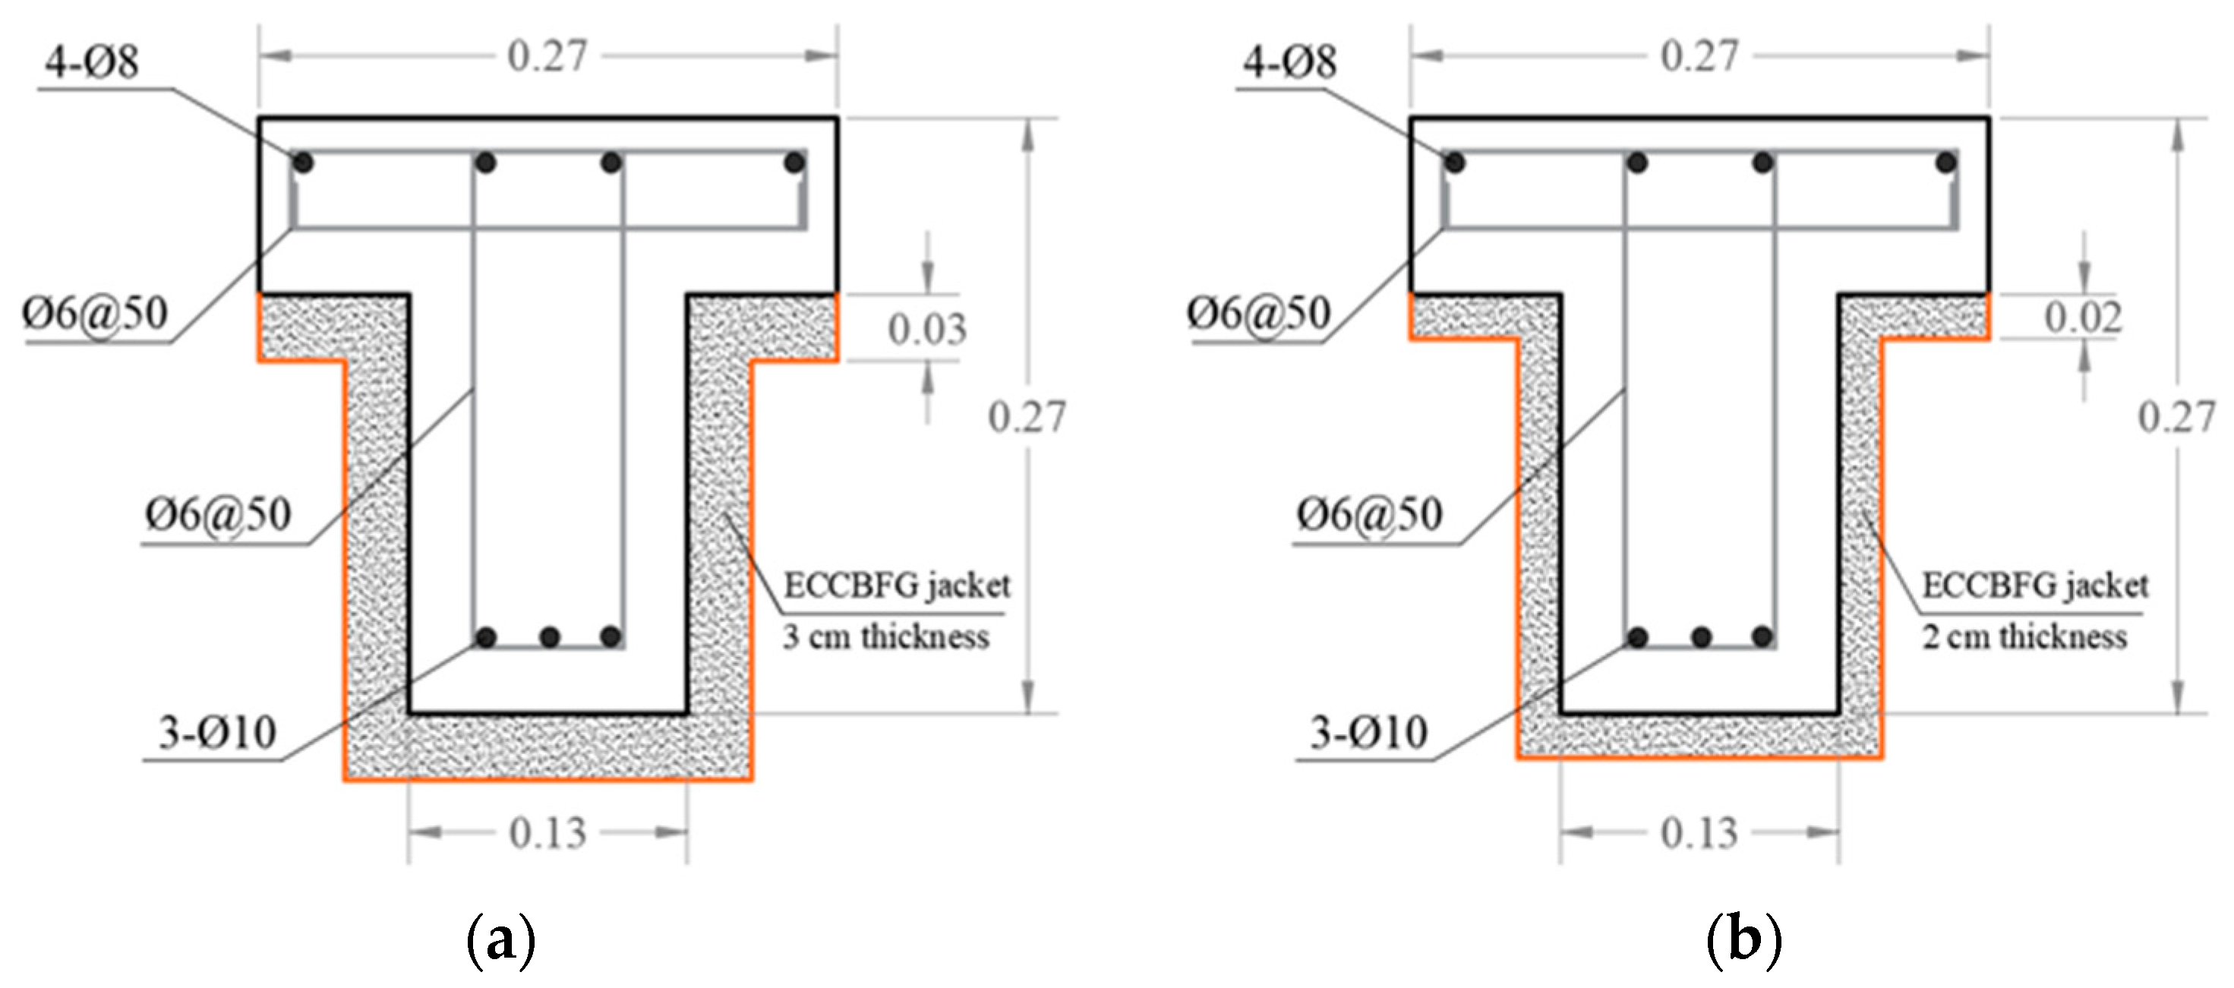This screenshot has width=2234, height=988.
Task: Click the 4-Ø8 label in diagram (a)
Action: pyautogui.click(x=92, y=62)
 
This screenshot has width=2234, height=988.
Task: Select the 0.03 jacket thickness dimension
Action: pyautogui.click(x=927, y=329)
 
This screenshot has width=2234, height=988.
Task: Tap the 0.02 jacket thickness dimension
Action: pyautogui.click(x=2083, y=317)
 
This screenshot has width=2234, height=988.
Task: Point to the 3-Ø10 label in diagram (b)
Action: pyautogui.click(x=1368, y=732)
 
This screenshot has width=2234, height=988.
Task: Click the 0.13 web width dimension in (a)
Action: pyautogui.click(x=548, y=833)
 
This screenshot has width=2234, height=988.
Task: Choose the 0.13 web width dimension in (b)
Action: pyautogui.click(x=1699, y=833)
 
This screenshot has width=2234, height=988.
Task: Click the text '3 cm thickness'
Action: pyautogui.click(x=886, y=636)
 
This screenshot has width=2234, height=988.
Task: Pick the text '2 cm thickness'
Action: pyautogui.click(x=2025, y=636)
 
